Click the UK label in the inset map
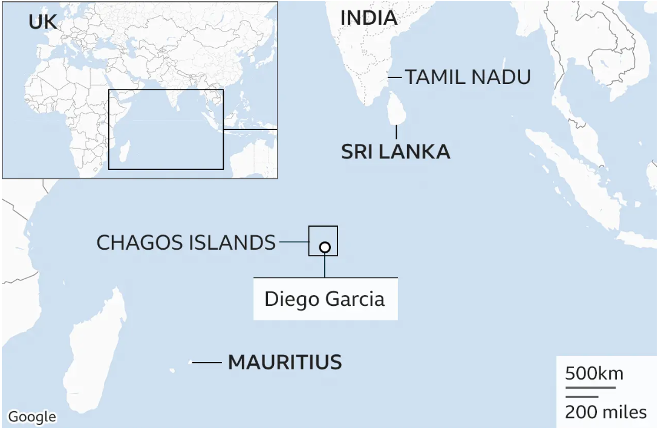pyautogui.click(x=43, y=22)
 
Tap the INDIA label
pyautogui.click(x=368, y=18)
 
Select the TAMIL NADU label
pyautogui.click(x=467, y=77)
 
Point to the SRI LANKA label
pyautogui.click(x=396, y=151)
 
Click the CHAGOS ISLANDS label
pyautogui.click(x=186, y=242)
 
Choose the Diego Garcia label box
pyautogui.click(x=325, y=299)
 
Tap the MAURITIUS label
pyautogui.click(x=285, y=362)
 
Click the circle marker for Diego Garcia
pyautogui.click(x=325, y=247)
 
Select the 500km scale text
pyautogui.click(x=594, y=373)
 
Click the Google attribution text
pyautogui.click(x=32, y=417)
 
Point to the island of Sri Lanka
pyautogui.click(x=397, y=109)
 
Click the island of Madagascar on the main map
pyautogui.click(x=94, y=351)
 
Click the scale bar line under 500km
pyautogui.click(x=590, y=387)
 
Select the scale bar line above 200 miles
pyautogui.click(x=582, y=397)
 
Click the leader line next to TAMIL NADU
pyautogui.click(x=395, y=77)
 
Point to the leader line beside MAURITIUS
pyautogui.click(x=206, y=362)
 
